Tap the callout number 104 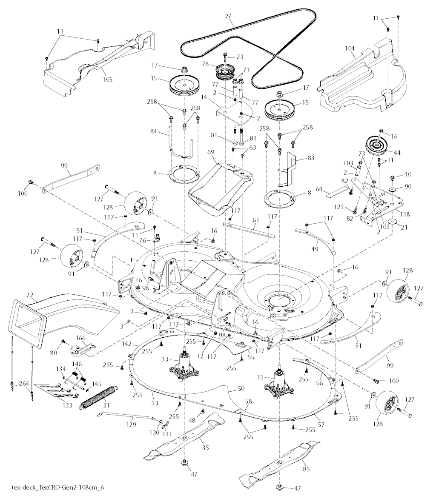[x=349, y=49]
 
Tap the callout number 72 [x=30, y=294]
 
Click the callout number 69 [x=210, y=152]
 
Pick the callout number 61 [x=255, y=220]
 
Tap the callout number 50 [x=230, y=389]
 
